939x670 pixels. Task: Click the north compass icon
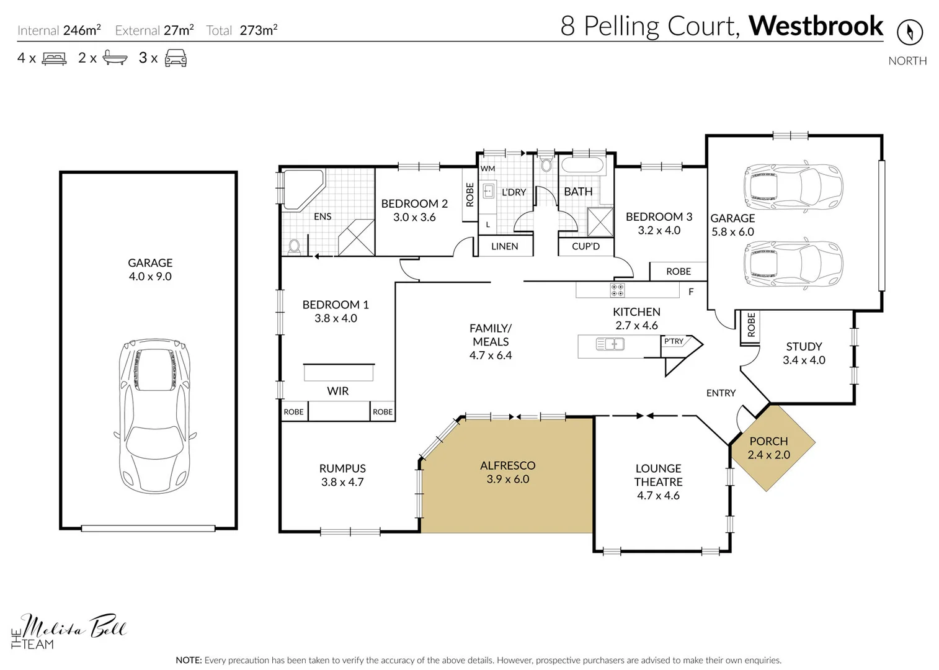909,31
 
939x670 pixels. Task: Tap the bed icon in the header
54,59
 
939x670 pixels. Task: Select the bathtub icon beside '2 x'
115,58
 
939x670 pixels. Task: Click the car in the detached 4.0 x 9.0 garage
154,416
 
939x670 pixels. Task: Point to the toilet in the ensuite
295,247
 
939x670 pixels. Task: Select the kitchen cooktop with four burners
617,290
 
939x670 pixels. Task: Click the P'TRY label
674,341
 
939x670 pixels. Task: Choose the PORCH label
768,441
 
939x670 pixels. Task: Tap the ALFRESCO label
507,465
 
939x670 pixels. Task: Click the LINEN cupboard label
504,246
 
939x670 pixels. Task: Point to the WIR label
338,391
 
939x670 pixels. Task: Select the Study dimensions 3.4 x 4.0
804,360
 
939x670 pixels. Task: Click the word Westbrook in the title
816,26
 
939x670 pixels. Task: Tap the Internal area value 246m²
82,30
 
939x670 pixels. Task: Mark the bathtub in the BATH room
581,166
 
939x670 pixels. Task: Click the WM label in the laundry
488,168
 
